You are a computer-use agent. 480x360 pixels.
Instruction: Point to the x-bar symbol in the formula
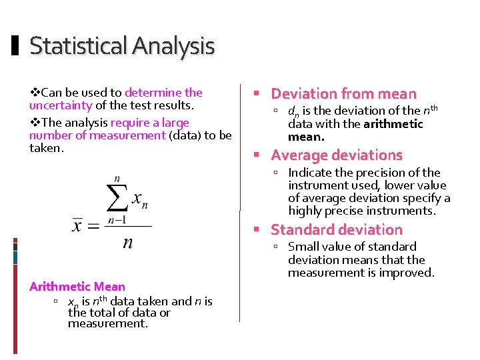coord(78,225)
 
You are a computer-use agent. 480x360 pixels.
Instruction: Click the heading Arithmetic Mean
coord(77,287)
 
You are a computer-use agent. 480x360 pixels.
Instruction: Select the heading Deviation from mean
coord(343,94)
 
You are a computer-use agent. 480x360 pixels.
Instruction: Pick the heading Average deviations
coord(337,155)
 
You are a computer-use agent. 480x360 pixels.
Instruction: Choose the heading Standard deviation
coord(337,230)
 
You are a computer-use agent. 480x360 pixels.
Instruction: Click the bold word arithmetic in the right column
coord(393,124)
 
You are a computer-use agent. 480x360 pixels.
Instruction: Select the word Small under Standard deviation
coord(302,247)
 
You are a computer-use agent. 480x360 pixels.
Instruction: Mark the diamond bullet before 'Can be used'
coord(35,93)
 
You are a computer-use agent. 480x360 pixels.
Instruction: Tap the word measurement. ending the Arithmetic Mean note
coord(107,323)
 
